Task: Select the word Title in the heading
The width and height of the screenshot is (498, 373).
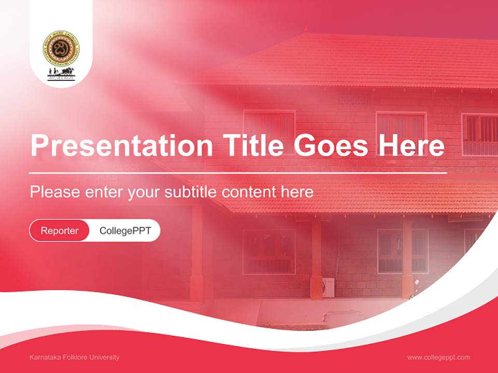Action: (x=250, y=146)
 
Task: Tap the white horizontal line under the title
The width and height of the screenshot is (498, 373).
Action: (x=238, y=173)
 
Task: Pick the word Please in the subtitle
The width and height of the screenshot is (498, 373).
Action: (x=55, y=192)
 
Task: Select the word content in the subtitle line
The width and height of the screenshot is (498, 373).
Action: (x=249, y=192)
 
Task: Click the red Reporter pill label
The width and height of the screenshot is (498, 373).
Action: (x=60, y=231)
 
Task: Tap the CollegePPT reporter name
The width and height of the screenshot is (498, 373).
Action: (x=125, y=231)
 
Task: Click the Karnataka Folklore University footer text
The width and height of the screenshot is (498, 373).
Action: (x=75, y=357)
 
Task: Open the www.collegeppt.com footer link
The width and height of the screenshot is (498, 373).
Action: (x=438, y=357)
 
